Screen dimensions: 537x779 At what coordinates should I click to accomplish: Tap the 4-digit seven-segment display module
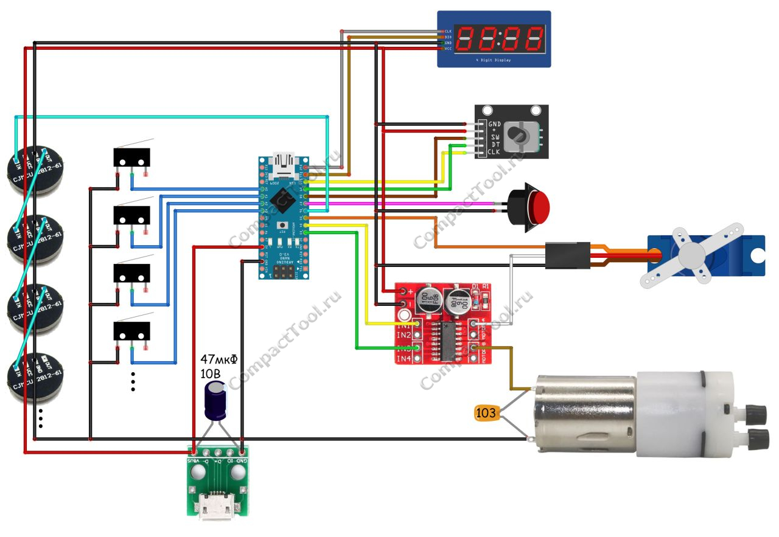coord(494,38)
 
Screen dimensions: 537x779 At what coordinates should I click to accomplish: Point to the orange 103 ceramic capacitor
coord(486,414)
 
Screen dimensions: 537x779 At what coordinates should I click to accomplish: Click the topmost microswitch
coord(131,158)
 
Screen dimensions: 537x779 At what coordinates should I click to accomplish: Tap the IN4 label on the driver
coord(403,359)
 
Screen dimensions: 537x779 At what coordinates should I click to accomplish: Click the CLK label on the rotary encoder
coord(494,152)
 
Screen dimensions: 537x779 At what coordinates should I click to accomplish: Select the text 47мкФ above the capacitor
coord(219,359)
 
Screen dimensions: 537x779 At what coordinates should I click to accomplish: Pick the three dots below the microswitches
coord(133,381)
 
